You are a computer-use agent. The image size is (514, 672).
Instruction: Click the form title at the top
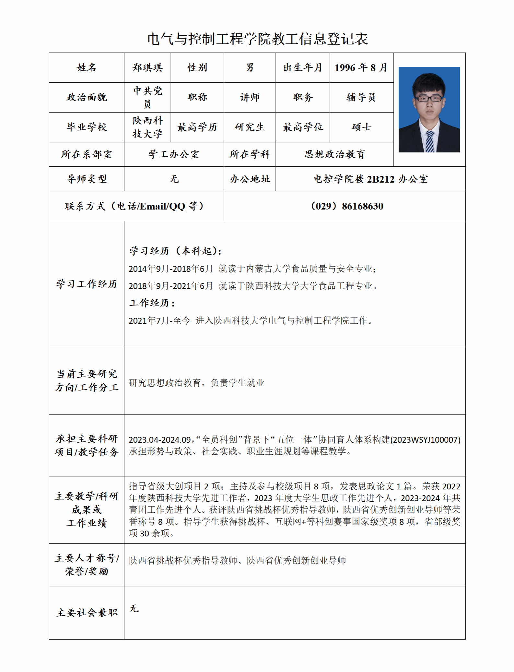coord(257,39)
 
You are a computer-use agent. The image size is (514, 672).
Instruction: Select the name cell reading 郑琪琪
coord(147,67)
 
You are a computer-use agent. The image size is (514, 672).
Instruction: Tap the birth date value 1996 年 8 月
coord(361,67)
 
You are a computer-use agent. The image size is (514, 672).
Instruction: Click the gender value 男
coord(250,67)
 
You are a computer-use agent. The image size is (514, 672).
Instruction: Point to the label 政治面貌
coord(87,97)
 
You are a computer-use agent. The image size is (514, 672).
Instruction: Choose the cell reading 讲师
coord(250,97)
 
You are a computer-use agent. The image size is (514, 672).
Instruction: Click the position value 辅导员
coord(361,97)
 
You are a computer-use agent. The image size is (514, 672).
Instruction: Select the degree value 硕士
coord(361,127)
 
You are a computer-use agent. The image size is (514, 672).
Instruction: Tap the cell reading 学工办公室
coord(174,154)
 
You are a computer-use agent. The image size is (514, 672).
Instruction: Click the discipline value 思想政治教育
coord(334,154)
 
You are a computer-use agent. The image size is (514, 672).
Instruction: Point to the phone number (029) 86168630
coord(346,206)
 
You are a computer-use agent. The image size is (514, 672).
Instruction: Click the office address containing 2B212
coord(370,179)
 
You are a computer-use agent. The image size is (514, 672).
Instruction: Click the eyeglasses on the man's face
coord(429,99)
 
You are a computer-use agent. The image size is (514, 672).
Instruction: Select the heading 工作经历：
coord(152,303)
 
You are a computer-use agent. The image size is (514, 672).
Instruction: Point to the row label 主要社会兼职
coord(87,613)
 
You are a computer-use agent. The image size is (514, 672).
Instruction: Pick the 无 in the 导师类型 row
coord(174,179)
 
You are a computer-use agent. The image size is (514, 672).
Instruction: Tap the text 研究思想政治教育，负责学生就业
coord(196,383)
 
